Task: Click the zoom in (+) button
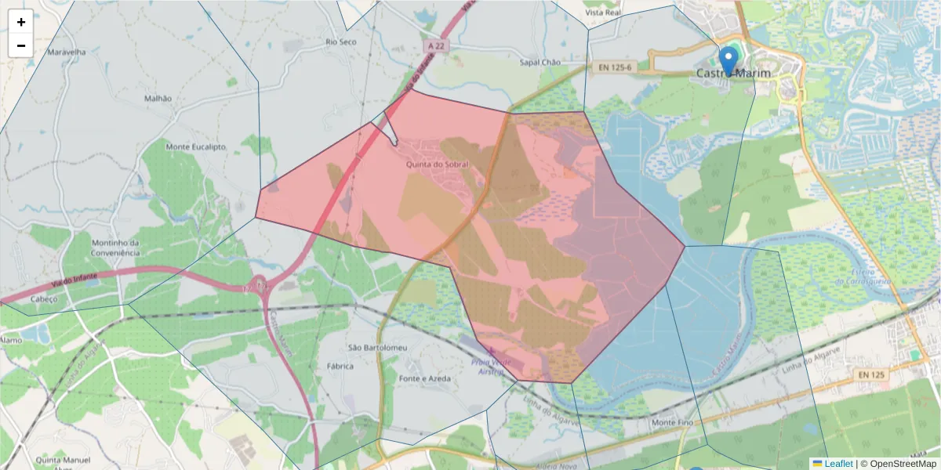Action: pyautogui.click(x=21, y=22)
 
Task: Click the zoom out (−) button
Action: pyautogui.click(x=21, y=45)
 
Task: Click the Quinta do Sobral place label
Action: pyautogui.click(x=437, y=164)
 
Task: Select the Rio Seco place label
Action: pyautogui.click(x=341, y=42)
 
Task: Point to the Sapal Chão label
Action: pyautogui.click(x=540, y=62)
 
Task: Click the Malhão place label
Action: pyautogui.click(x=158, y=99)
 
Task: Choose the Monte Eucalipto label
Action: pyautogui.click(x=195, y=146)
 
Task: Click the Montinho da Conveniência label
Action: pyautogui.click(x=115, y=248)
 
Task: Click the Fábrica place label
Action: pyautogui.click(x=340, y=366)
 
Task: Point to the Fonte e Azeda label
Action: pyautogui.click(x=424, y=378)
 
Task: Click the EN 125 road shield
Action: pyautogui.click(x=870, y=375)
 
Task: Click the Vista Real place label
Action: pyautogui.click(x=603, y=13)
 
